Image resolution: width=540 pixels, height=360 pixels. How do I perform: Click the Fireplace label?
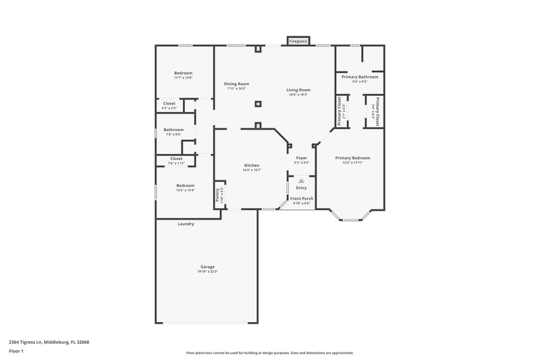pyautogui.click(x=298, y=42)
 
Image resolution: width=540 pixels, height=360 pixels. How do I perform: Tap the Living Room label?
pyautogui.click(x=298, y=90)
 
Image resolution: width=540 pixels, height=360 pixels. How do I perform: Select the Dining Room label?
pyautogui.click(x=236, y=84)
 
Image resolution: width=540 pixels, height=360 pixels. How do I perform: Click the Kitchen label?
pyautogui.click(x=252, y=165)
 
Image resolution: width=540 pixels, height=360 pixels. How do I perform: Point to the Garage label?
pyautogui.click(x=207, y=267)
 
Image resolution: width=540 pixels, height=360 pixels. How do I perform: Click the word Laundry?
pyautogui.click(x=186, y=224)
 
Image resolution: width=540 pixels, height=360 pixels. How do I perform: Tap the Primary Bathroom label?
pyautogui.click(x=360, y=77)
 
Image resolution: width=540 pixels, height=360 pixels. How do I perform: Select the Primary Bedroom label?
pyautogui.click(x=352, y=158)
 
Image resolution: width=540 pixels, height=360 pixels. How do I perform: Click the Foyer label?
pyautogui.click(x=302, y=158)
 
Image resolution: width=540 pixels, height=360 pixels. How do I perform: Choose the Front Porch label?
pyautogui.click(x=302, y=199)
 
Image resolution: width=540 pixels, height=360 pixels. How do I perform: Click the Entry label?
pyautogui.click(x=302, y=187)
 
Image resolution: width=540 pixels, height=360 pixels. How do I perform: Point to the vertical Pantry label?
pyautogui.click(x=217, y=195)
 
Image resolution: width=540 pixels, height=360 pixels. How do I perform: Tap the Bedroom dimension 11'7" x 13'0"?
pyautogui.click(x=183, y=78)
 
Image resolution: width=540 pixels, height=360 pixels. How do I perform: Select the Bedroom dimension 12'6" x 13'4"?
pyautogui.click(x=186, y=190)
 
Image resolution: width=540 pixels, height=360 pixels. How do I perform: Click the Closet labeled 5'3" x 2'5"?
pyautogui.click(x=169, y=107)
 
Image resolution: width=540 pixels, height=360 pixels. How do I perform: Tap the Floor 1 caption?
pyautogui.click(x=16, y=352)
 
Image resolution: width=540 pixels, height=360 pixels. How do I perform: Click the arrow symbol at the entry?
pyautogui.click(x=302, y=181)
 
